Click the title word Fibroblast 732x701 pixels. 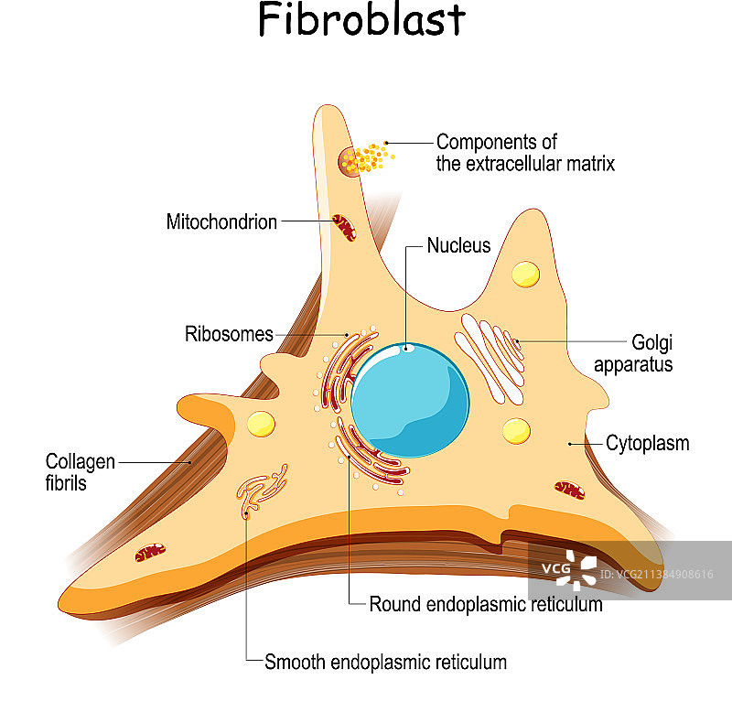pos(361,20)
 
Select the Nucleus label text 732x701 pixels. pos(458,246)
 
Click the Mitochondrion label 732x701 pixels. pos(221,221)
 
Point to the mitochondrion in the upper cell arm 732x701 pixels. pos(344,227)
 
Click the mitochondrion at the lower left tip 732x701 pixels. pos(150,552)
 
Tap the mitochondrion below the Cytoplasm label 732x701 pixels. pos(569,490)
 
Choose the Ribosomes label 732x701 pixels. pos(229,334)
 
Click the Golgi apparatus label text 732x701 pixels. pos(633,353)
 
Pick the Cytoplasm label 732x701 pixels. pos(648,444)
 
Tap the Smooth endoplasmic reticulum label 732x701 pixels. pos(385,662)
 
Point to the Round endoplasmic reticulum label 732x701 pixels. pos(485,604)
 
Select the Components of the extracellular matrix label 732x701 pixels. pos(524,153)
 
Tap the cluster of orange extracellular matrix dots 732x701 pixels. pos(370,158)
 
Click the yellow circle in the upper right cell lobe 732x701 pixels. pos(525,273)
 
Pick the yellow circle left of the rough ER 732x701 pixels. pos(261,424)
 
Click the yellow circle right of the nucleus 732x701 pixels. pos(516,431)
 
